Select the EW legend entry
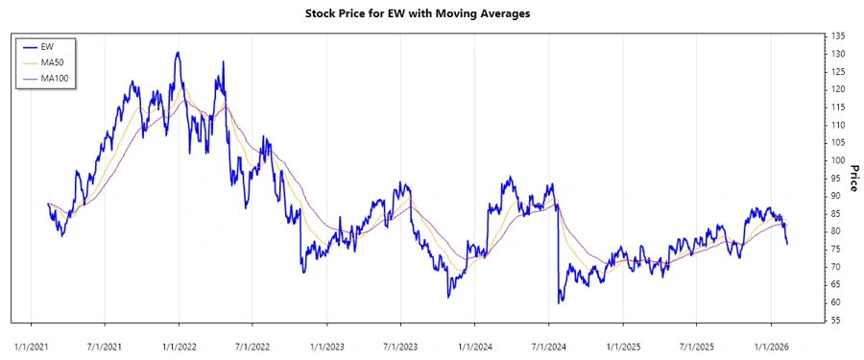47,46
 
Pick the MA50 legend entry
52,61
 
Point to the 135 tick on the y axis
839,36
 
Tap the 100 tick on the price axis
839,160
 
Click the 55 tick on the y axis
837,320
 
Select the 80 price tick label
837,231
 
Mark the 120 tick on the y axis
839,89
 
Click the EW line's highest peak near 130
178,53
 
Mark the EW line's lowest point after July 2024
560,302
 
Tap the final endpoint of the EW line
787,244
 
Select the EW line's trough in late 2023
448,297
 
